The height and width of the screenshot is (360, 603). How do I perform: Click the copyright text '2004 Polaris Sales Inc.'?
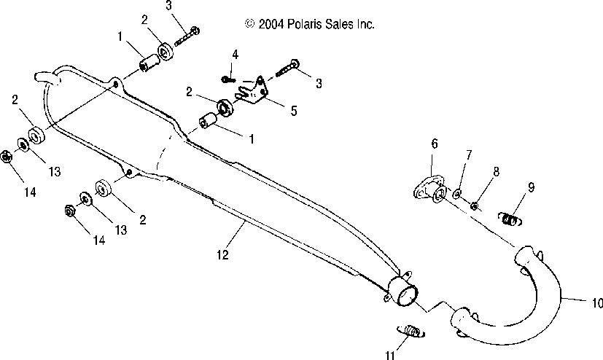point(311,24)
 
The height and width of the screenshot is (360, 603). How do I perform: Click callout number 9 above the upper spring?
point(531,187)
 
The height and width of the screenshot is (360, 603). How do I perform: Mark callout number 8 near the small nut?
point(496,171)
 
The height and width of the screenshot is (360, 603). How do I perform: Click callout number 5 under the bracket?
point(293,111)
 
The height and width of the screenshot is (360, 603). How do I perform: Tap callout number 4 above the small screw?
point(235,55)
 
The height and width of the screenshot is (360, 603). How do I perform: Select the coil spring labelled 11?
point(412,332)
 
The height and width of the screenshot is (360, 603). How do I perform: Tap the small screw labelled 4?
point(227,78)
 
